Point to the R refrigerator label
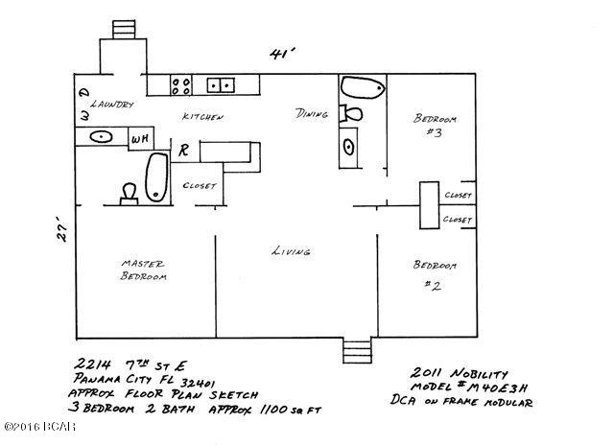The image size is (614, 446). pos(181,151)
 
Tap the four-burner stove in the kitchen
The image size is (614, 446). pos(179,85)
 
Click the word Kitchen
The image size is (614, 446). pos(203,116)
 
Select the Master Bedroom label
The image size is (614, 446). pos(143,270)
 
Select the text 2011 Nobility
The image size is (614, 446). pos(455,371)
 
